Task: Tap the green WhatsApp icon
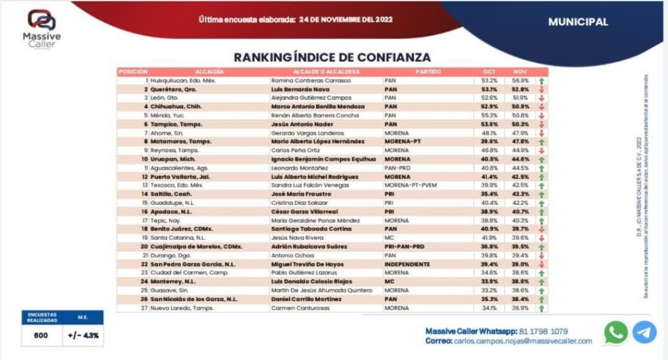pos(616,332)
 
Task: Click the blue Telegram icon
pos(645,332)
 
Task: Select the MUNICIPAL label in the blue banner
pos(578,22)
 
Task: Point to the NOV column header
pos(520,71)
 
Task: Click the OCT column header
pos(489,71)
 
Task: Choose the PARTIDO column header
pos(428,71)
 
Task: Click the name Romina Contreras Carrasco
pos(311,80)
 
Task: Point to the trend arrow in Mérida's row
pos(541,115)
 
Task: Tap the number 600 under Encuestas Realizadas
pos(40,335)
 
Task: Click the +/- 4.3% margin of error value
pos(83,335)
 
